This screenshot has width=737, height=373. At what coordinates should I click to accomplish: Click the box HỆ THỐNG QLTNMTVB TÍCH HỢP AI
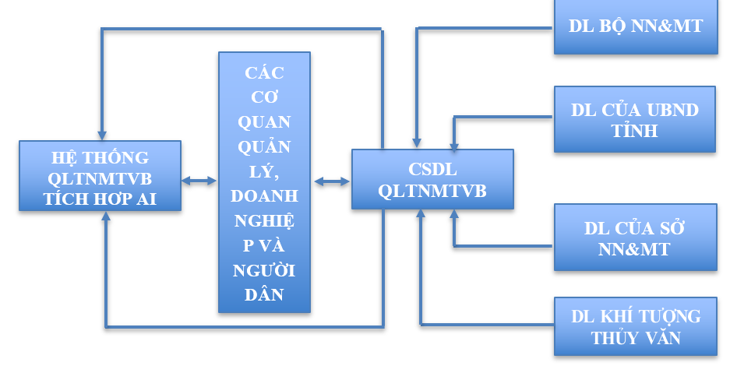pyautogui.click(x=100, y=176)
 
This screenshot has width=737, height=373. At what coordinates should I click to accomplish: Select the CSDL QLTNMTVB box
pyautogui.click(x=432, y=180)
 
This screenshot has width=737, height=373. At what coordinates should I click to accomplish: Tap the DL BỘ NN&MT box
pyautogui.click(x=636, y=26)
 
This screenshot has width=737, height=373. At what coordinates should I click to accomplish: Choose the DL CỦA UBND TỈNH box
pyautogui.click(x=635, y=119)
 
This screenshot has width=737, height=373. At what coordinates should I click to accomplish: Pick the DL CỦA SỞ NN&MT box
pyautogui.click(x=635, y=238)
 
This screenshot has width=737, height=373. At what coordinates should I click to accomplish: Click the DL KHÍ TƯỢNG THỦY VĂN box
pyautogui.click(x=635, y=327)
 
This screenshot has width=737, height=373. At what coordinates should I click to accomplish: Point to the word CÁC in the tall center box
pyautogui.click(x=264, y=73)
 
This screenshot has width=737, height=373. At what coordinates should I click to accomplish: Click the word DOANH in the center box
pyautogui.click(x=264, y=196)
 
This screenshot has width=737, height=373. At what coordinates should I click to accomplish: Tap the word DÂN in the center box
pyautogui.click(x=264, y=294)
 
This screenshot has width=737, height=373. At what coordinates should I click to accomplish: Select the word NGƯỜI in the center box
pyautogui.click(x=264, y=269)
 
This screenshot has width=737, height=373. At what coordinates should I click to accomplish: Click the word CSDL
pyautogui.click(x=432, y=170)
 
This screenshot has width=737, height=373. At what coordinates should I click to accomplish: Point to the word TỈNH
pyautogui.click(x=635, y=130)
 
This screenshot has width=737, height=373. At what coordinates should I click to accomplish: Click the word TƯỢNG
pyautogui.click(x=669, y=316)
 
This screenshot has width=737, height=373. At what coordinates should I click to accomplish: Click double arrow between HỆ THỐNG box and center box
pyautogui.click(x=199, y=181)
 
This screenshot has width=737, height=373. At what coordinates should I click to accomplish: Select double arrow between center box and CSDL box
pyautogui.click(x=332, y=181)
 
